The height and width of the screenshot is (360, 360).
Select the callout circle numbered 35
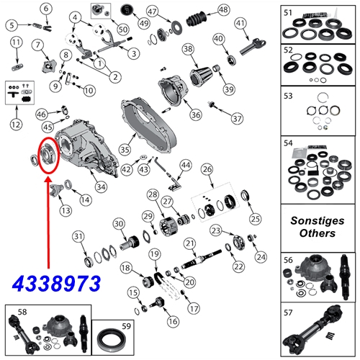[124, 150]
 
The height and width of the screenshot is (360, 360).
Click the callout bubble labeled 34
[101, 188]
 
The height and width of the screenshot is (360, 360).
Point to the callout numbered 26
[208, 170]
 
